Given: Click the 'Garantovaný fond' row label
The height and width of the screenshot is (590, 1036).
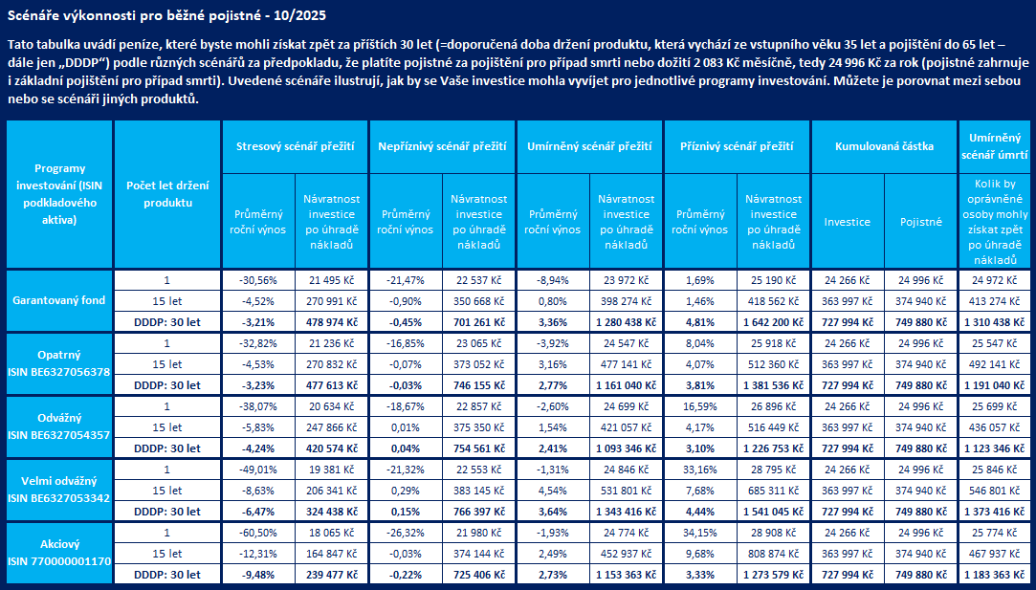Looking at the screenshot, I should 59,300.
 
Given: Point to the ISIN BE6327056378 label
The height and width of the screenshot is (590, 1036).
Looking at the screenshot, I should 59,371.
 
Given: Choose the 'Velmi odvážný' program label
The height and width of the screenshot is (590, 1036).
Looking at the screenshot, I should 59,481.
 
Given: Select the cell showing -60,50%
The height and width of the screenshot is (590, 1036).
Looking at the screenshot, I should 257,531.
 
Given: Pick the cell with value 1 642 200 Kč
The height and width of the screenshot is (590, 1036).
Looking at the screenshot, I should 774,322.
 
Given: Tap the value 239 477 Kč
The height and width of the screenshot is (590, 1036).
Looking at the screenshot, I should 330,574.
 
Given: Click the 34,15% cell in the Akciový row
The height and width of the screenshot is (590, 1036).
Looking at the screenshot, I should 699,531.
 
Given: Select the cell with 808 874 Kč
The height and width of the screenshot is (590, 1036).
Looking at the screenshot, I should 774,553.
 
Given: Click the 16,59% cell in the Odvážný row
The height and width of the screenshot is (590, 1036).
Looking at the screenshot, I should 699,405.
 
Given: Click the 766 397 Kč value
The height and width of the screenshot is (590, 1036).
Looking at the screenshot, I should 477,511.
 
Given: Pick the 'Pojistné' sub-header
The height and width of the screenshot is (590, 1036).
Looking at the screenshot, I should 920,222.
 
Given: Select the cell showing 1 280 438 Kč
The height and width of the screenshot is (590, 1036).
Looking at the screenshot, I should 626,322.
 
